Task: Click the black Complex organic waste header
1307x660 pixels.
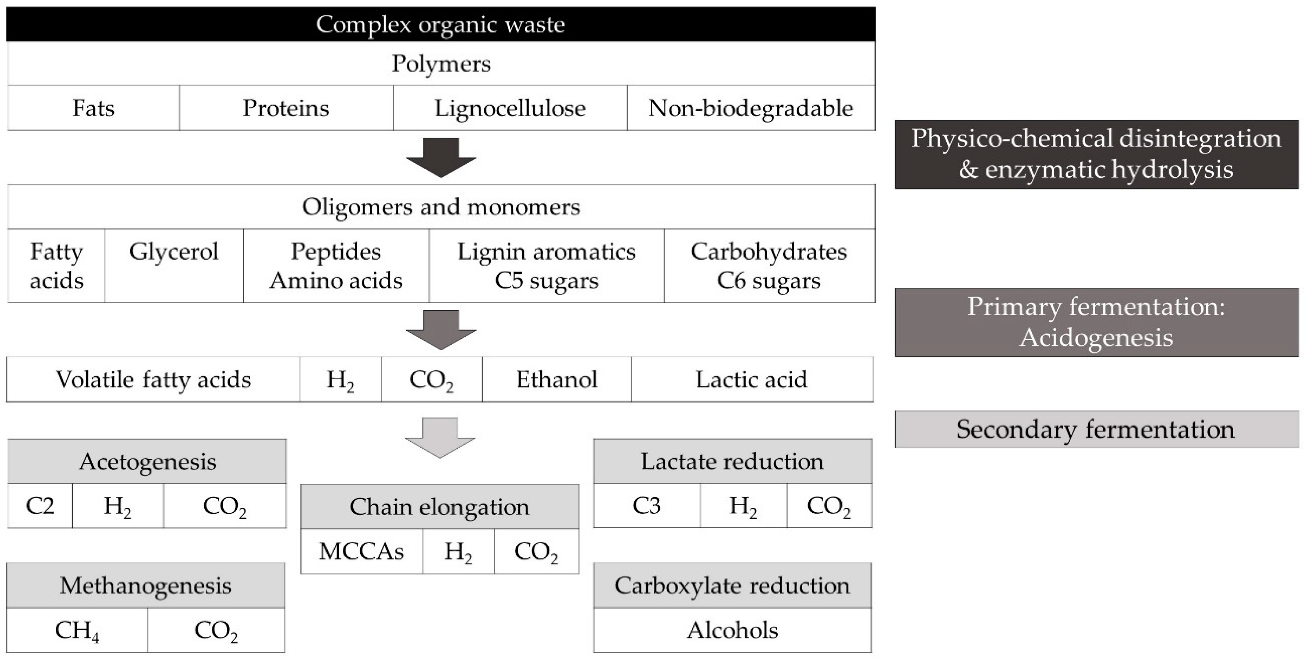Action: point(441,24)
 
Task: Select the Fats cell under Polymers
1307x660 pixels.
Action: point(93,107)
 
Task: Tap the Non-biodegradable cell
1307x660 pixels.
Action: point(751,107)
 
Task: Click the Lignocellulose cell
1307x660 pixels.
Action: point(510,107)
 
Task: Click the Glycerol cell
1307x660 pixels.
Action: point(173,265)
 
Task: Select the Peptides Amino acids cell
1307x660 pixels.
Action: point(336,265)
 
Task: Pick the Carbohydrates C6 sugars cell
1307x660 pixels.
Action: point(769,265)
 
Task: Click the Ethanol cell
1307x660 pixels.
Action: point(556,379)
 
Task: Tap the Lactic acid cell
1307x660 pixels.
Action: point(751,379)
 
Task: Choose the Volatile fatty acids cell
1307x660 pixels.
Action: point(153,379)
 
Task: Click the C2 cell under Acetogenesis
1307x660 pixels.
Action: point(39,506)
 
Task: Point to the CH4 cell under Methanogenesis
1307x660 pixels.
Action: point(77,630)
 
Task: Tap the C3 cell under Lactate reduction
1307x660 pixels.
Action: point(646,506)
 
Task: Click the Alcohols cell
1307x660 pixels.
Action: point(732,630)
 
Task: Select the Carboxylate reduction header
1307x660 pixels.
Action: point(732,585)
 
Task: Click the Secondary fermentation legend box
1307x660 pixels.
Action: point(1096,429)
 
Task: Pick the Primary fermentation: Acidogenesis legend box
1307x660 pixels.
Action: point(1096,322)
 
